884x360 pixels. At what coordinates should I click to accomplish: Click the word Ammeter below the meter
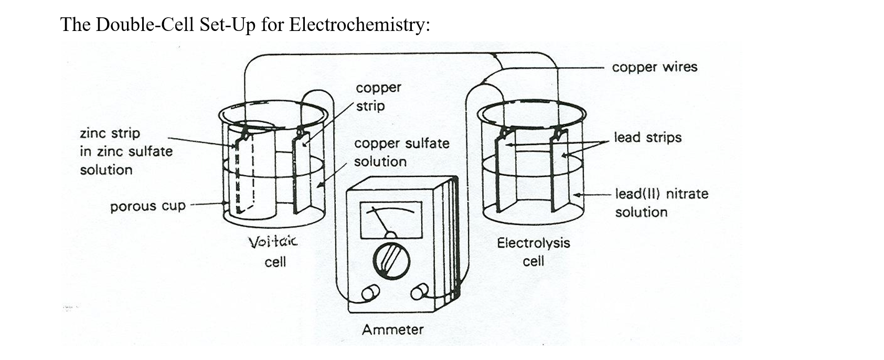392,330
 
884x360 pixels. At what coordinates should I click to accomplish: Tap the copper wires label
654,67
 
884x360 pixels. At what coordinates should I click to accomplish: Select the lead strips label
647,137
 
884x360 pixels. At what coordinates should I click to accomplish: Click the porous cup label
147,206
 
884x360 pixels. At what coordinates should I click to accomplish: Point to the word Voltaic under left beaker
272,242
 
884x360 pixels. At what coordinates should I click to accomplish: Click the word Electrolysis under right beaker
533,243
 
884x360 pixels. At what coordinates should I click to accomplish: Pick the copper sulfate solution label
401,152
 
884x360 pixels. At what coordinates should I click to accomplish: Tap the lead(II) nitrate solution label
661,203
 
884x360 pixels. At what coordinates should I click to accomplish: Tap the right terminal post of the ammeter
419,292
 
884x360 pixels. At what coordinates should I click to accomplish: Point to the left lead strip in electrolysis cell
505,173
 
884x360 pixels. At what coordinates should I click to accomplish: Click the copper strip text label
378,97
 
